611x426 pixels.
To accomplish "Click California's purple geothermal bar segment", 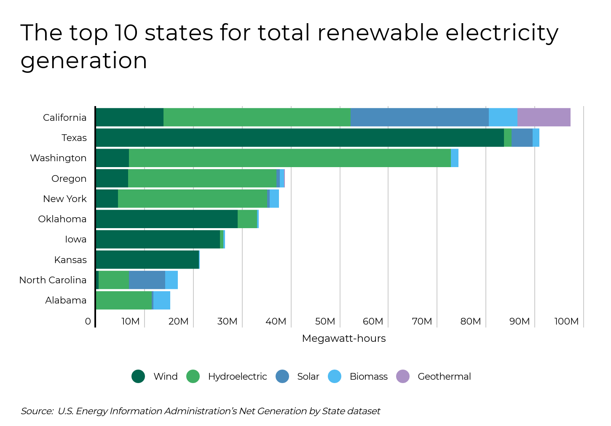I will (x=544, y=117).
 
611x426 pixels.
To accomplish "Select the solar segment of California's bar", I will (x=419, y=117).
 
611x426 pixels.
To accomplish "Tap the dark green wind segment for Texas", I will (x=299, y=138).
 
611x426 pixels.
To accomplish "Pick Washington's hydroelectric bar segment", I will (x=290, y=158).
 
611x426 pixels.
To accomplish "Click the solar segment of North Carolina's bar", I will (x=147, y=280).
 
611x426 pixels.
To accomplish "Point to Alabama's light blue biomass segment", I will (x=162, y=300).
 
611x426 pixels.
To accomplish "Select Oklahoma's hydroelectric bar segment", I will (x=247, y=219).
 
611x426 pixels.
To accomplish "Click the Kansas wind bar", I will (x=147, y=260).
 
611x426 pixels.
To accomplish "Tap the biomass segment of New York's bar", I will (x=274, y=199).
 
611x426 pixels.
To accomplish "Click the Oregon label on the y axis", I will (x=69, y=178).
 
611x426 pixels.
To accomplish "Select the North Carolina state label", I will (x=53, y=280).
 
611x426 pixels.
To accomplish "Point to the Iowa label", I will (x=75, y=239).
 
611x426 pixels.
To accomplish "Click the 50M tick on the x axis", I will (x=325, y=322).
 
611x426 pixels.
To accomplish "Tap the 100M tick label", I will (x=566, y=322).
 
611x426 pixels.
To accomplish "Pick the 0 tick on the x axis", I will (x=88, y=322).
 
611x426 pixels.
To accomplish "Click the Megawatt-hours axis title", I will (x=343, y=338).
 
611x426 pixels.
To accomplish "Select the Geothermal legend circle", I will (x=403, y=376).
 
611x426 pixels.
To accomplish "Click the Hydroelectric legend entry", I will (x=237, y=376).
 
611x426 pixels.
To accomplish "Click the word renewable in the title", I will (x=377, y=33).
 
